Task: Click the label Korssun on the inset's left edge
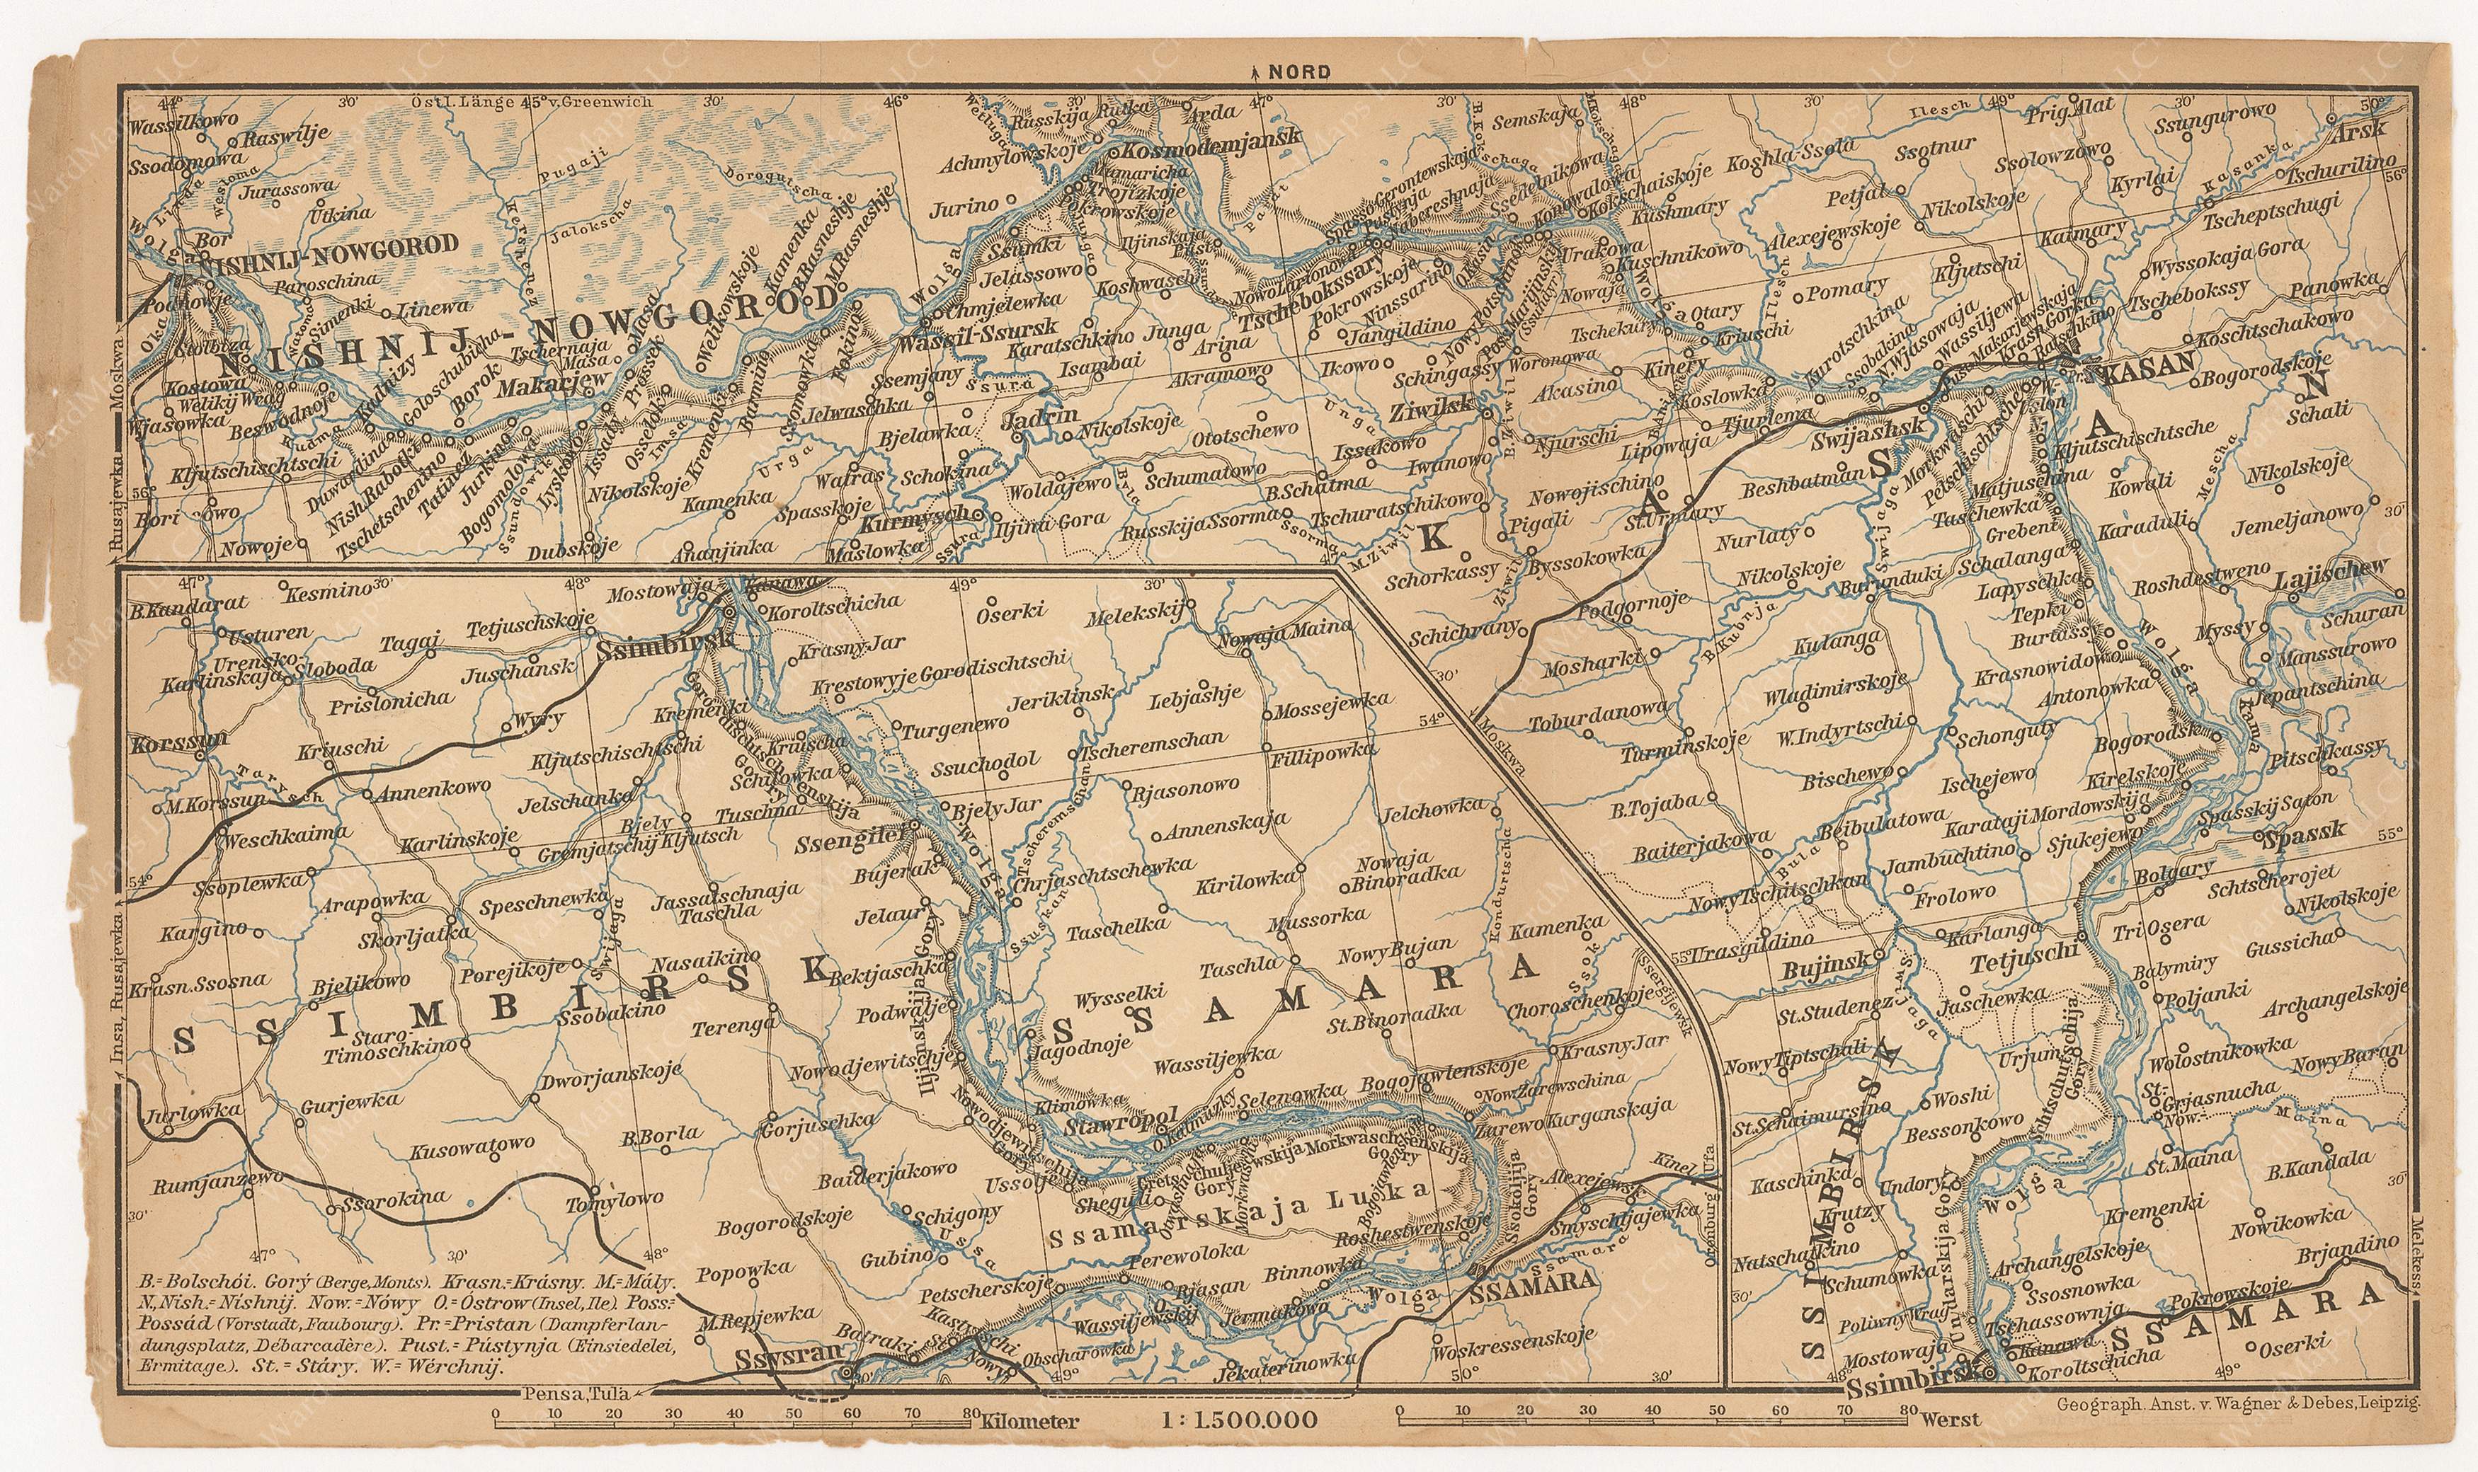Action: click(166, 739)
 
